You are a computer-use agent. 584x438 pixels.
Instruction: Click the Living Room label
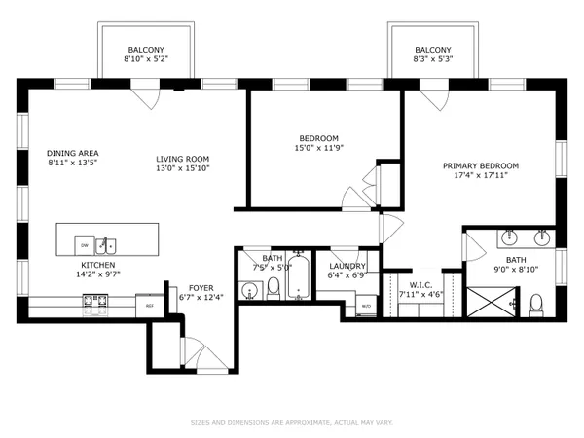183,159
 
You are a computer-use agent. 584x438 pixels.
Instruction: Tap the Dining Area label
73,153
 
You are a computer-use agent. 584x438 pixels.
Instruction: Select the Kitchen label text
98,265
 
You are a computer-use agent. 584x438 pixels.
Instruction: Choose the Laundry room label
347,266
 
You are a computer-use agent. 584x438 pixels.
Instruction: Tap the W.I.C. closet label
420,283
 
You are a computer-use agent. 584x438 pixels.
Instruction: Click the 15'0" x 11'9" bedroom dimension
319,149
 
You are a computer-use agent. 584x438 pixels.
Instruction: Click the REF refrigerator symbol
150,306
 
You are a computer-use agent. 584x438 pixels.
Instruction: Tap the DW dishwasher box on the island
85,244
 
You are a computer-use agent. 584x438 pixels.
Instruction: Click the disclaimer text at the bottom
292,422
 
